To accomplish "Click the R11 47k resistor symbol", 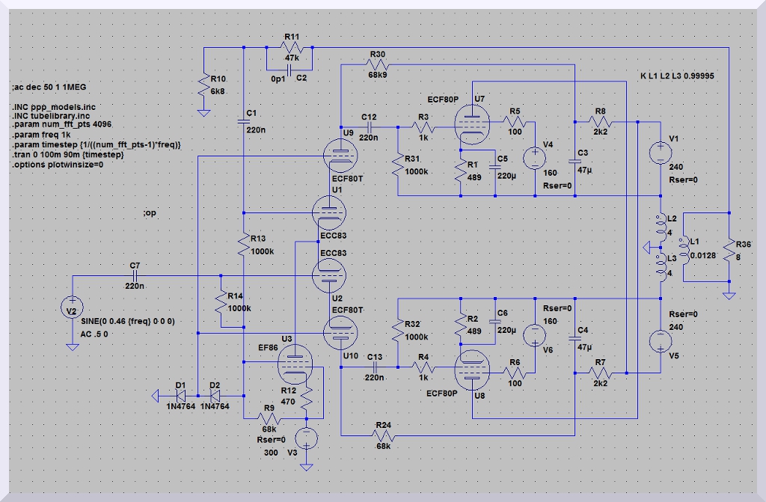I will click(291, 48).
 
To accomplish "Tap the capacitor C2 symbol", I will click(288, 67).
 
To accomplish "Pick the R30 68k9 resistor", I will click(377, 65).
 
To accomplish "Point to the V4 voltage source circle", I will click(535, 158).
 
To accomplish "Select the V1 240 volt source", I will click(661, 153).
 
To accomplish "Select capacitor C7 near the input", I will click(135, 275).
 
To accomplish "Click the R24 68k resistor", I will click(384, 434).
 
